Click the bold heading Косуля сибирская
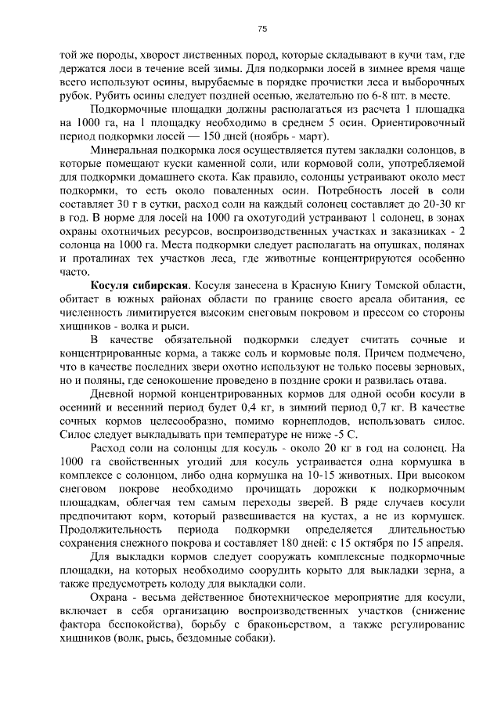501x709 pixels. pyautogui.click(x=130, y=284)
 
